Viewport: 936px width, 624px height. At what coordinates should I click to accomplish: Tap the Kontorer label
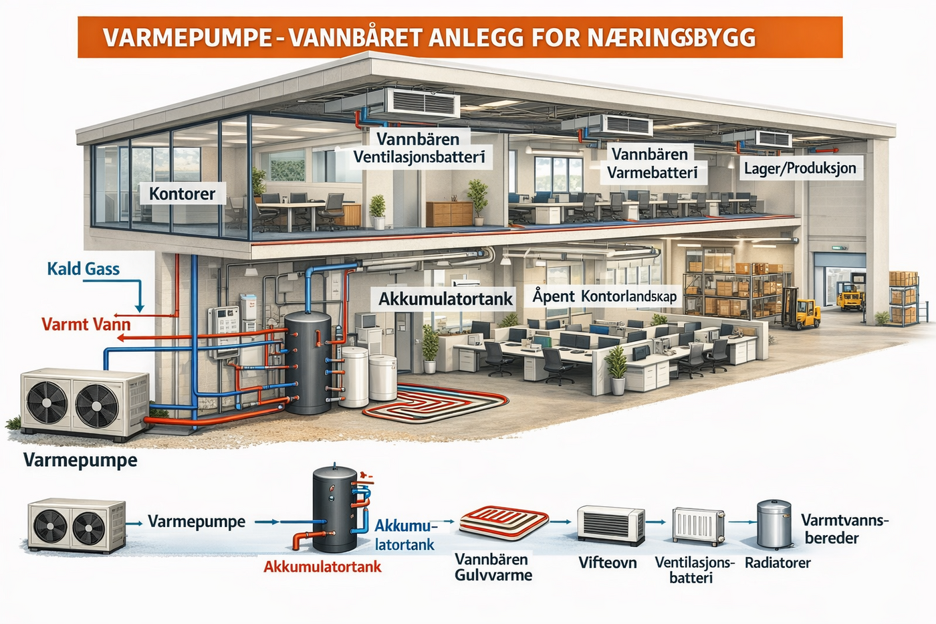coord(182,194)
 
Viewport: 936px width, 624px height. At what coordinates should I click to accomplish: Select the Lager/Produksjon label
coord(800,169)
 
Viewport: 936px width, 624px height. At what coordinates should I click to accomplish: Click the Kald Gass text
coord(84,269)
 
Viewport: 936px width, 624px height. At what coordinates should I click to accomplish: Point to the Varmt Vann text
coord(86,324)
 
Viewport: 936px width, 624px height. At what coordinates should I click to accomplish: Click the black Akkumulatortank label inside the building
coord(445,299)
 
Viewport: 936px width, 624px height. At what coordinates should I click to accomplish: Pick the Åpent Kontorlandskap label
coord(604,296)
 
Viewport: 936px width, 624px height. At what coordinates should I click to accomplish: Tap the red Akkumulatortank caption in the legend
coord(322,566)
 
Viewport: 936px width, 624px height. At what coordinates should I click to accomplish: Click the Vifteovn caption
coord(608,562)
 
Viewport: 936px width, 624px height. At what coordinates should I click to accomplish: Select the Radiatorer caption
coord(778,563)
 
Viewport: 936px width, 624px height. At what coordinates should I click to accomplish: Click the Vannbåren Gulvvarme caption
coord(493,567)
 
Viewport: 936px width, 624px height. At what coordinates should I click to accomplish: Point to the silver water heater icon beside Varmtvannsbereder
coord(774,524)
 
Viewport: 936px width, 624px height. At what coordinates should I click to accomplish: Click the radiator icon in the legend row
coord(698,526)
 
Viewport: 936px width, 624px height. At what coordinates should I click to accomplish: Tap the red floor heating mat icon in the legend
coord(504,522)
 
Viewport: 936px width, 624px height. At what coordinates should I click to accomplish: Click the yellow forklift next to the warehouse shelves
coord(799,307)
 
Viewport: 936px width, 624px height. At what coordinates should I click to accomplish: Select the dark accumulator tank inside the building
coord(308,362)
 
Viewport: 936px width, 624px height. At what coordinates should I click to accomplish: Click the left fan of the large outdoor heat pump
coord(47,403)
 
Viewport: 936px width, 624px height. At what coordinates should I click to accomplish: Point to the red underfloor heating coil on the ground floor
coord(435,403)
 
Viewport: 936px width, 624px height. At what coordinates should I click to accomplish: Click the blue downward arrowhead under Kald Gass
coord(140,308)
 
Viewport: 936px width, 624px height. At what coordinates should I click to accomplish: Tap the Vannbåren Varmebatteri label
coord(653,163)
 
